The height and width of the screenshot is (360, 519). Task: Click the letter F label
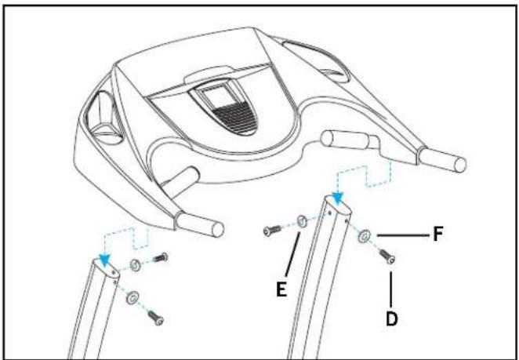pos(438,235)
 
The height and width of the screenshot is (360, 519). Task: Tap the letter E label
pos(281,289)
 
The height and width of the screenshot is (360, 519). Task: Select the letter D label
pos(391,319)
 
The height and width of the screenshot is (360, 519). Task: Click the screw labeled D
pos(387,256)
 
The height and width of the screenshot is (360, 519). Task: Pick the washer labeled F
pos(364,236)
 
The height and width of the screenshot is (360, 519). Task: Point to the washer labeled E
pos(302,221)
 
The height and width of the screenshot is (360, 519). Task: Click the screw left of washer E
pos(272,230)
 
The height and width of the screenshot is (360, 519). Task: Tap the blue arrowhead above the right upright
pos(337,198)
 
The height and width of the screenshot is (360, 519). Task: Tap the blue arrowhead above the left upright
pos(105,260)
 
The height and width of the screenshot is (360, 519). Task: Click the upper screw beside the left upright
pos(160,257)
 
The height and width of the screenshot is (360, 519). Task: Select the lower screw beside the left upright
pos(155,318)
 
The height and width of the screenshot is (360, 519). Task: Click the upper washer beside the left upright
pos(135,265)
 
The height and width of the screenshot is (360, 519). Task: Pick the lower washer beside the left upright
pos(132,297)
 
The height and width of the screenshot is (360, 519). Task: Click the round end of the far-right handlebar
pos(460,165)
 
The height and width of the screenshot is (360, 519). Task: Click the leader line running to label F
pos(402,235)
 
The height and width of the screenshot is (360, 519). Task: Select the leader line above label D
pos(390,289)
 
